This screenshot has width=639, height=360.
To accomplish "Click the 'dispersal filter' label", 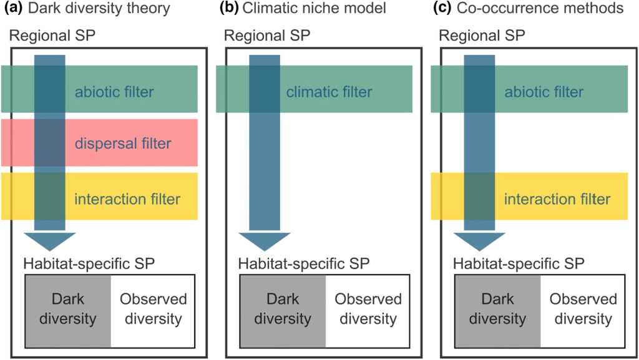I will coord(123,144).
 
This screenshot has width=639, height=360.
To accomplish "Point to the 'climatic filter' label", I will coord(329,93).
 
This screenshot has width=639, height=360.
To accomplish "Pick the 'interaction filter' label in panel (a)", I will coord(127,200).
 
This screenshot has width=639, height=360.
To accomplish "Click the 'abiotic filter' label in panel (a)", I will coord(114,93).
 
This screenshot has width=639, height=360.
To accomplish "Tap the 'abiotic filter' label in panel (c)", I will coord(544,93).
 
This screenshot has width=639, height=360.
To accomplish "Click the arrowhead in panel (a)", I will coord(49,240).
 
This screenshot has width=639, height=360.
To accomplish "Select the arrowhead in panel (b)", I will coord(264,240).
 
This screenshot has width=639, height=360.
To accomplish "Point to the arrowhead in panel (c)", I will coord(479,240).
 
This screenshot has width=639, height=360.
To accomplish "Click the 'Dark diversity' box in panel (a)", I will coord(68,310).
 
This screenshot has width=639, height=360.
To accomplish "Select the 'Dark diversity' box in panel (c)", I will coord(497,310).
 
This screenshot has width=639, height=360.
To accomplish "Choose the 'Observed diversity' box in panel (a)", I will coord(152,310).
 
